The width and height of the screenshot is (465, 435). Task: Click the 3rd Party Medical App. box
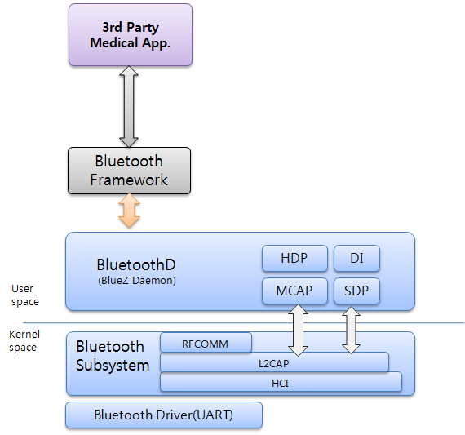(x=131, y=35)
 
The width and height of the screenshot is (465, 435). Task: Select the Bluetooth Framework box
(x=129, y=171)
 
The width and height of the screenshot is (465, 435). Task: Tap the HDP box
(x=294, y=259)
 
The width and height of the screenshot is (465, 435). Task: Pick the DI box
(x=356, y=259)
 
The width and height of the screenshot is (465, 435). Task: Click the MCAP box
(x=294, y=291)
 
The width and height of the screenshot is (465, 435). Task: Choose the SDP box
(x=356, y=291)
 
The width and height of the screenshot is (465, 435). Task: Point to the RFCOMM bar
(x=206, y=344)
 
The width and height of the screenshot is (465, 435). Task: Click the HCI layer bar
(x=281, y=381)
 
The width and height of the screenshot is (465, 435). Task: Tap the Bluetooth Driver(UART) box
(x=163, y=415)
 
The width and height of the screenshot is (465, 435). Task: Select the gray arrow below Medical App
(x=129, y=106)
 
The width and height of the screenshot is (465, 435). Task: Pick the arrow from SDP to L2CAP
(x=351, y=330)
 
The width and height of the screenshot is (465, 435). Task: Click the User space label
(x=24, y=295)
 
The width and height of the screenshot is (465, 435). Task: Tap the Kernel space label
(x=23, y=341)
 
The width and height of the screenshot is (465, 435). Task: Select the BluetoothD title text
(x=135, y=264)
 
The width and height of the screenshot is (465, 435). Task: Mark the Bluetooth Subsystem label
(x=113, y=356)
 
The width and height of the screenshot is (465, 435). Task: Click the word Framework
(x=129, y=179)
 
